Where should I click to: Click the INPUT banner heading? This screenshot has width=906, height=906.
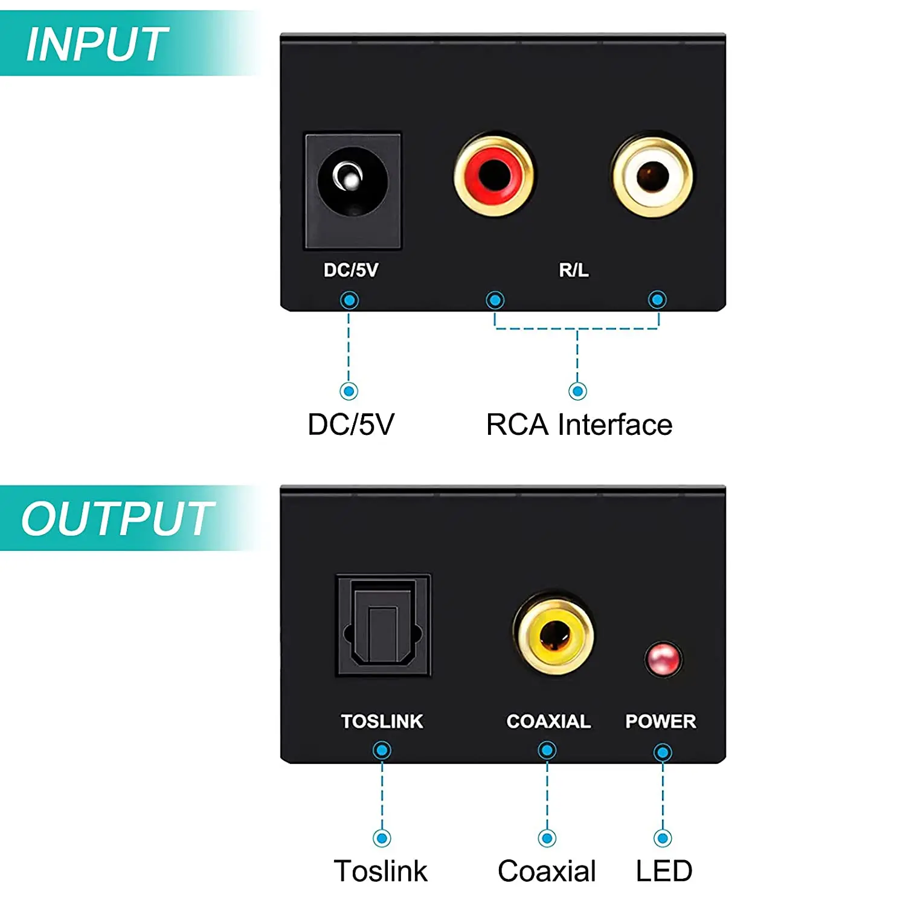coord(97,45)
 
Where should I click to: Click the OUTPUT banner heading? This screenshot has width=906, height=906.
coord(118,519)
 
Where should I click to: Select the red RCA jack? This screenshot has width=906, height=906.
coord(494,175)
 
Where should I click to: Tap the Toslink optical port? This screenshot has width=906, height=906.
coord(383,625)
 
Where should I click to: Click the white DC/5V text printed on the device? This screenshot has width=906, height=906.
coord(351,270)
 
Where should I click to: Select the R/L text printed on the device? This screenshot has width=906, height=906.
coord(574,270)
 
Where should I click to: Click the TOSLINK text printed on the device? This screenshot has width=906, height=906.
coord(382,721)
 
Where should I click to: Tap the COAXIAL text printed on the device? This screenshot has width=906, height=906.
coord(548,721)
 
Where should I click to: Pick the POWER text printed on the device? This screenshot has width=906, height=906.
coord(660,721)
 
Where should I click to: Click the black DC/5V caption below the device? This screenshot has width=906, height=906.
coord(351,425)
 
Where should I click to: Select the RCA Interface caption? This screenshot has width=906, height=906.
coord(579,425)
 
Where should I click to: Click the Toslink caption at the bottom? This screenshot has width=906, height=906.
coord(381,871)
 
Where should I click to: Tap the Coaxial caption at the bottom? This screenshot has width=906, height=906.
coord(547,871)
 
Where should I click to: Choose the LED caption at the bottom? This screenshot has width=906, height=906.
coord(664,871)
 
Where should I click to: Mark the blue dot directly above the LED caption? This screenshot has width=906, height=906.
coord(663,838)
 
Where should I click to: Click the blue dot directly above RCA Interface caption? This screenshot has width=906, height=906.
coord(577,391)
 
